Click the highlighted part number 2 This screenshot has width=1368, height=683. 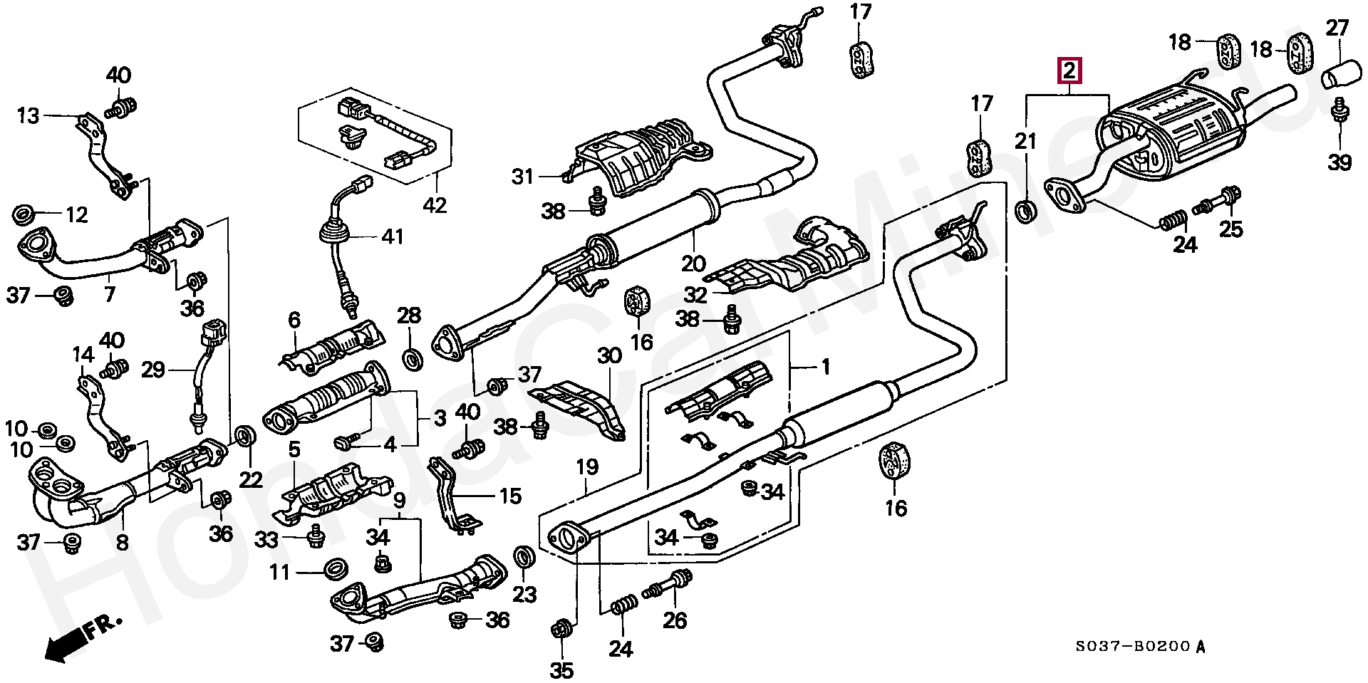point(1069,72)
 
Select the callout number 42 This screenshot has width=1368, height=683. point(434,205)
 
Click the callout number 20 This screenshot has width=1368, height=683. point(693,264)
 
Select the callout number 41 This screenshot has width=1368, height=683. point(392,236)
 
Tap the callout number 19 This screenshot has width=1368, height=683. point(587,468)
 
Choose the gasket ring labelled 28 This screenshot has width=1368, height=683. point(411,359)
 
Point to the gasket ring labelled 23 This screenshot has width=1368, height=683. point(524,557)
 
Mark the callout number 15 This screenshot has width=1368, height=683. point(510,496)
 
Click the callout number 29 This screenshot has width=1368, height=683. point(153,370)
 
